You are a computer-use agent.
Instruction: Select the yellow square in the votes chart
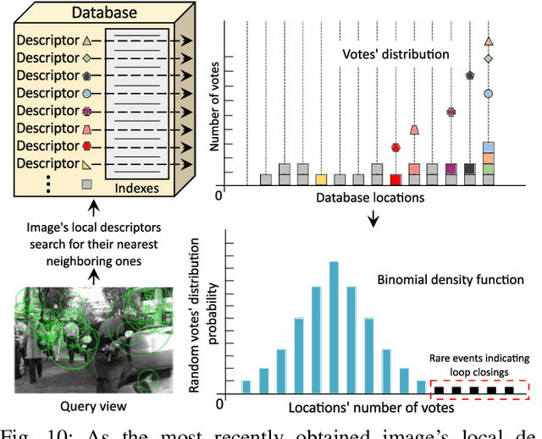pyautogui.click(x=321, y=179)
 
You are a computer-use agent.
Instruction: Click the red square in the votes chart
pyautogui.click(x=395, y=179)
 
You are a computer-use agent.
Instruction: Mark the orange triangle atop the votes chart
pyautogui.click(x=489, y=41)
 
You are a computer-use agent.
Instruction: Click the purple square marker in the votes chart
pyautogui.click(x=451, y=112)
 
